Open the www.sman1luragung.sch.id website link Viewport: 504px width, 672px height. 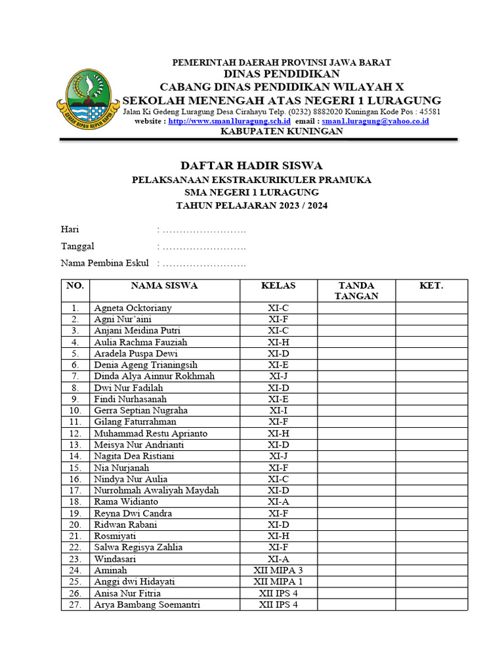click(x=229, y=121)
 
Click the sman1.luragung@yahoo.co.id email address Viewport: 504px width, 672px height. click(x=375, y=121)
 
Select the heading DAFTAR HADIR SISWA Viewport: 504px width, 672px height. click(x=251, y=165)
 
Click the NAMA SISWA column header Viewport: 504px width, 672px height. click(x=164, y=285)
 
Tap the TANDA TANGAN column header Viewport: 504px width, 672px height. click(x=356, y=290)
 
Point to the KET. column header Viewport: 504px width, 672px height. click(x=431, y=285)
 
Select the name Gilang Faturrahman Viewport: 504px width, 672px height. click(x=135, y=422)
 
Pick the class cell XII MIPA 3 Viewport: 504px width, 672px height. click(x=278, y=570)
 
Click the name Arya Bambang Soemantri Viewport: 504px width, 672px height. click(x=147, y=604)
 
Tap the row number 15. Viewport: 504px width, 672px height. click(x=75, y=468)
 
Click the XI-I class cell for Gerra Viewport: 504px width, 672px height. click(x=278, y=410)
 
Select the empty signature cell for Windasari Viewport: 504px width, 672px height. click(x=356, y=559)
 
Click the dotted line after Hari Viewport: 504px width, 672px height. click(x=203, y=230)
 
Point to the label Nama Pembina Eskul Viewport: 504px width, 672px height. click(x=104, y=263)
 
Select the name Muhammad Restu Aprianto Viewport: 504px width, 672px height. click(x=150, y=433)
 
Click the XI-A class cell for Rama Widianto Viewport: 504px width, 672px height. click(x=278, y=502)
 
